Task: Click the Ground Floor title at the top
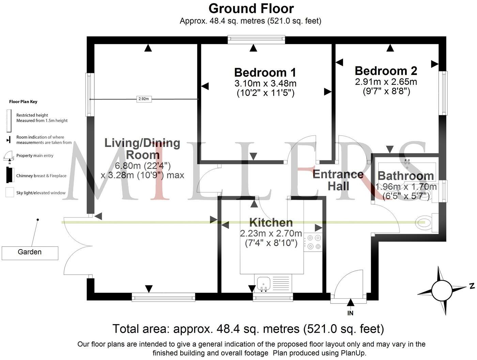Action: point(251,9)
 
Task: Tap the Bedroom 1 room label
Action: point(265,73)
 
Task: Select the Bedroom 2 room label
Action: point(386,71)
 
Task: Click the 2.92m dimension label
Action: point(143,99)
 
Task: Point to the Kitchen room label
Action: point(271,223)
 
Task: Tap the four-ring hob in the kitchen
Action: point(313,242)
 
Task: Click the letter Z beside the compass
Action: point(472,286)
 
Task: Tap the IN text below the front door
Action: point(350,313)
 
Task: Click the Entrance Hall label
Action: point(338,180)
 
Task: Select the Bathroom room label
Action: point(405,176)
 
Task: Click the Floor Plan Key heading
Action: point(23,102)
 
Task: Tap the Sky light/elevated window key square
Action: point(10,192)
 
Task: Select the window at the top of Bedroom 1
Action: point(256,40)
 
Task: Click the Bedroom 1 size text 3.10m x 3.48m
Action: point(265,84)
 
